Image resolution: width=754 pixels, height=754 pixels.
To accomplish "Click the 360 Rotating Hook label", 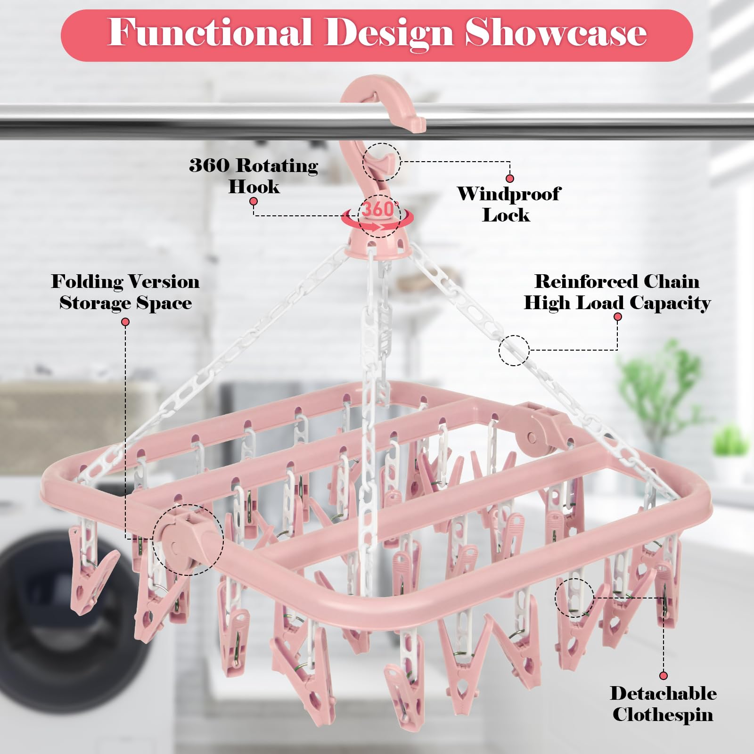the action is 254,175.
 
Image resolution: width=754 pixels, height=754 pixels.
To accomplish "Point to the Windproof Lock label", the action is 508,204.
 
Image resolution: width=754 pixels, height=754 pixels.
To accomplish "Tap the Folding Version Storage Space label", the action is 125,292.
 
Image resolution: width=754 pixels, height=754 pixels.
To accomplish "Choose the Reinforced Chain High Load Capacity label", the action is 617,292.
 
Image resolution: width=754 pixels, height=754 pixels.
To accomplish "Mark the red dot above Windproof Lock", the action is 509,179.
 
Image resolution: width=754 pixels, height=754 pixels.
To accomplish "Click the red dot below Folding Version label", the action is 125,322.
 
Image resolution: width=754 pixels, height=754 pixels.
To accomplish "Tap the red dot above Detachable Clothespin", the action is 664,676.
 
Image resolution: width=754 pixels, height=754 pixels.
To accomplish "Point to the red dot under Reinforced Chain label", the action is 617,317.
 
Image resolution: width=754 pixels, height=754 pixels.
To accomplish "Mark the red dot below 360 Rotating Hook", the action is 254,202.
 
